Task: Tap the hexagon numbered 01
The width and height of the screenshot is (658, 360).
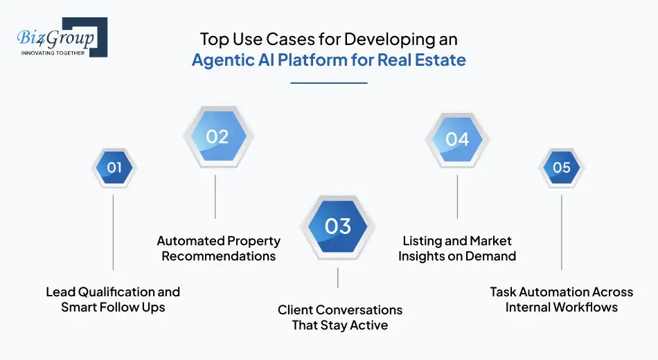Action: [x=114, y=167]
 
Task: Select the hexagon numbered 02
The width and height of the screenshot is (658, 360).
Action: [x=217, y=136]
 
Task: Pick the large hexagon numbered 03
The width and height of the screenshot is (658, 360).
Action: [x=337, y=226]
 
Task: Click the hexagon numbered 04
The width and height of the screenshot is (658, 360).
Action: [x=457, y=139]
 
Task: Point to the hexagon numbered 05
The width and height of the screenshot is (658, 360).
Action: [x=561, y=167]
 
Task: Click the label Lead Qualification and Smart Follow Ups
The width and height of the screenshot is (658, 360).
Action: [x=113, y=299]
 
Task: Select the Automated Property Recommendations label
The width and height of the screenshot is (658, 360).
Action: [x=218, y=249]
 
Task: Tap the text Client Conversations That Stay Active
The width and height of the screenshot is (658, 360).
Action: [x=340, y=317]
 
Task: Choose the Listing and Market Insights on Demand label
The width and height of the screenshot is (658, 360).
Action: [x=457, y=249]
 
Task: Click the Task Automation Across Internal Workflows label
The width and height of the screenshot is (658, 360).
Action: [x=561, y=299]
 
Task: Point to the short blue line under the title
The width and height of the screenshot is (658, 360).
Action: [x=328, y=83]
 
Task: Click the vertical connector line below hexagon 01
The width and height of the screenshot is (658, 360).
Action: [x=113, y=232]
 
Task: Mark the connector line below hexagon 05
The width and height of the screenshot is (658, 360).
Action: [x=561, y=232]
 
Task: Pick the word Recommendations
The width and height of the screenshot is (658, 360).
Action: [x=218, y=256]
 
